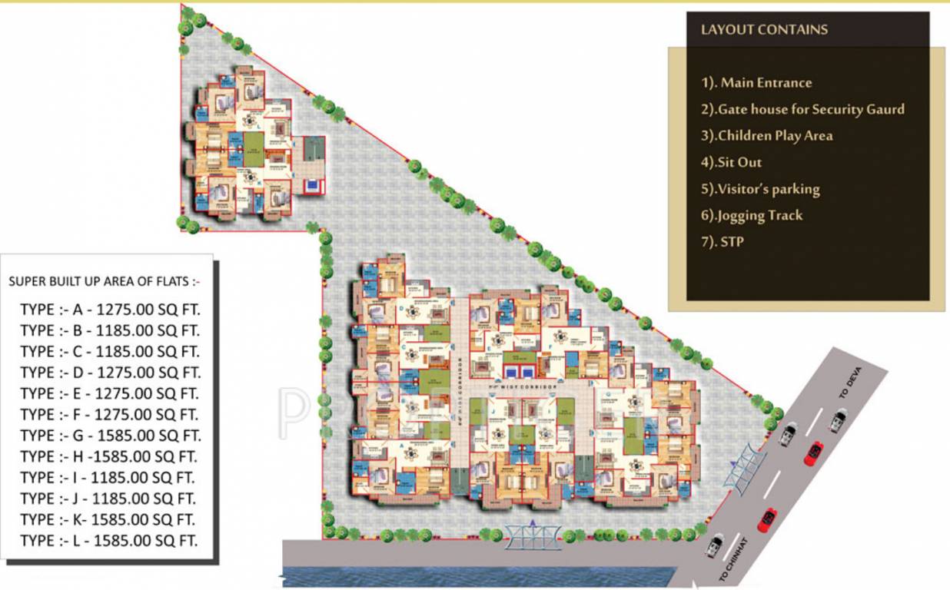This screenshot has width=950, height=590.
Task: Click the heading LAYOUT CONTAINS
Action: coord(764,30)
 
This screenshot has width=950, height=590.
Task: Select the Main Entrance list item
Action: coord(756,83)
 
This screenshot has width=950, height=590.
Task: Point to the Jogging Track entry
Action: coord(751,216)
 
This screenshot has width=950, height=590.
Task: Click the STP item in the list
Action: coord(722,242)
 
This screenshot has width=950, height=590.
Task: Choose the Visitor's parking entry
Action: coord(760,189)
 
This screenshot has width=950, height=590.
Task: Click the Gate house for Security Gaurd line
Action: coord(802,109)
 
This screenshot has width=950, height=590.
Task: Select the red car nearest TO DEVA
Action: coord(814,452)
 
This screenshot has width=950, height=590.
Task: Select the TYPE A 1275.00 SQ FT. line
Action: coord(108,310)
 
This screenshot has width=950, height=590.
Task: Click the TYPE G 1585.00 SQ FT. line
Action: coord(110,436)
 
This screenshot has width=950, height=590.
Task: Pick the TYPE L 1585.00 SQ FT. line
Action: coord(108,540)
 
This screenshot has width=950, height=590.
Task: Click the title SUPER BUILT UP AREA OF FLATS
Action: coord(104,282)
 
